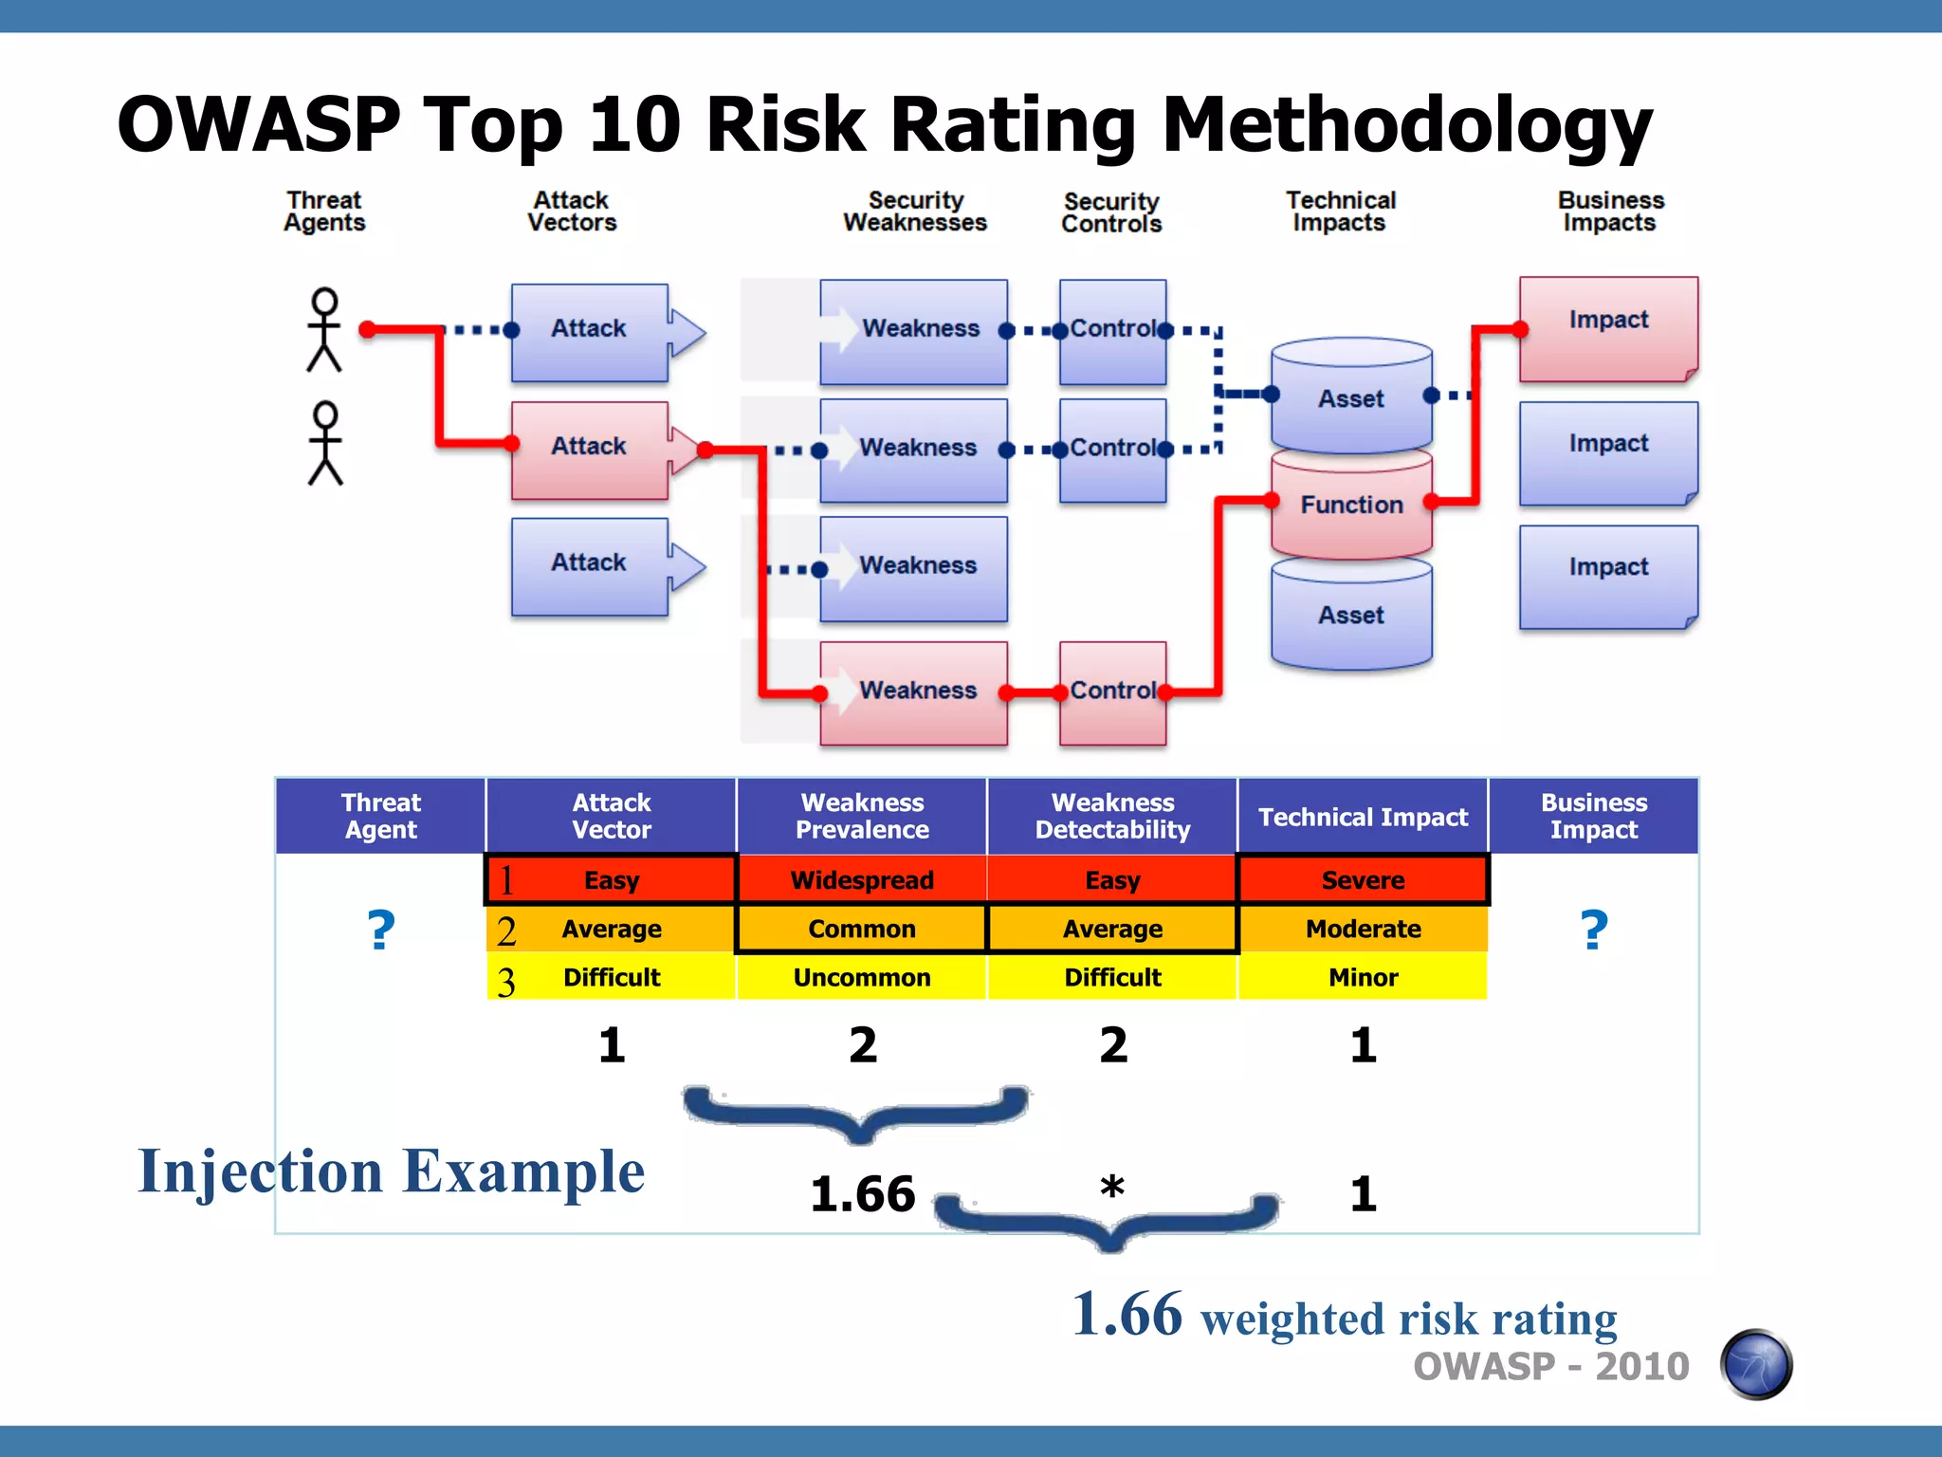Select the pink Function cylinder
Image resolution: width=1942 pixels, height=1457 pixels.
1351,506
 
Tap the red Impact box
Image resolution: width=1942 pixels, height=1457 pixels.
1608,327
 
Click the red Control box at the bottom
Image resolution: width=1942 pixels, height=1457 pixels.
1112,692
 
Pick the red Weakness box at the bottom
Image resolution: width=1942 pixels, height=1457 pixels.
913,692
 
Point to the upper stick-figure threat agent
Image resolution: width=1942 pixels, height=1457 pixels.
324,329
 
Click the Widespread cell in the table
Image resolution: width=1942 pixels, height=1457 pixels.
862,880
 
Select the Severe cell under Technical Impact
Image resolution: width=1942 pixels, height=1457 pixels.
1363,880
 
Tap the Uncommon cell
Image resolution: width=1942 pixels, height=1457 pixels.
862,977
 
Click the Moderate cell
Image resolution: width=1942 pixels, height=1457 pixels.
1363,929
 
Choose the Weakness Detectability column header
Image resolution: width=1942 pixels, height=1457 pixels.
1112,816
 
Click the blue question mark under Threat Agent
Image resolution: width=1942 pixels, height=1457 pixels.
381,930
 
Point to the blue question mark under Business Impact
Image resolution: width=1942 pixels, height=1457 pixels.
1594,930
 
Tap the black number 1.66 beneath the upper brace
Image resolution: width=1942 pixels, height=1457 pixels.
862,1193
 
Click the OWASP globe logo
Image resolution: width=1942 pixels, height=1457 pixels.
1756,1364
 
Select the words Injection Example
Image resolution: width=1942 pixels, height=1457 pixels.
391,1172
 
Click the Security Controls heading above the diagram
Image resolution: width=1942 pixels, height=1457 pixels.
1111,212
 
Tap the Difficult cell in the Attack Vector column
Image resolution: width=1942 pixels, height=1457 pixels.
612,977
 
